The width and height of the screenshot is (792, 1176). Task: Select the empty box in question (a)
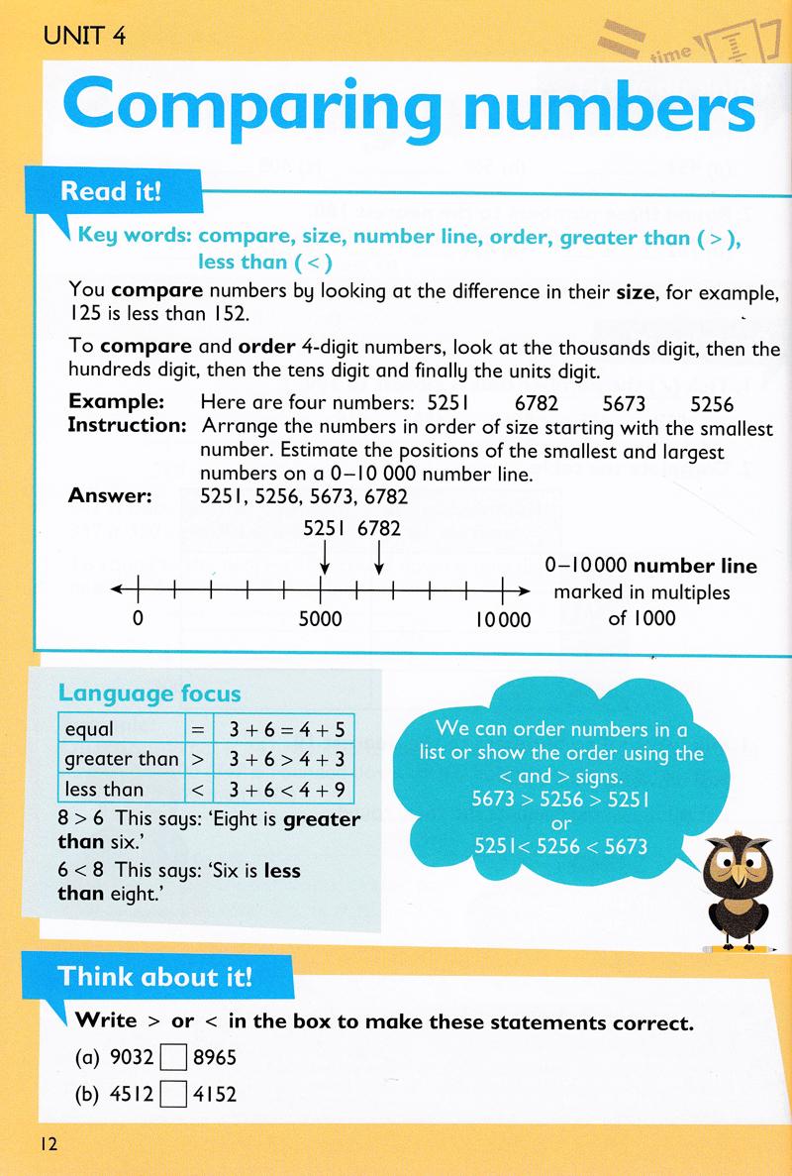[x=173, y=1057]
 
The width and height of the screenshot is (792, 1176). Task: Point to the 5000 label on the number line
[x=320, y=620]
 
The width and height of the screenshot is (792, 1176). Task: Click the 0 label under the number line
[x=138, y=620]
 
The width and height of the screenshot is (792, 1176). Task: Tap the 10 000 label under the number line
[x=502, y=620]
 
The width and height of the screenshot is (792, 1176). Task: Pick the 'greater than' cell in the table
[x=121, y=759]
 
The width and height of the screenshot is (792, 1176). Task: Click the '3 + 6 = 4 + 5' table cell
[x=284, y=729]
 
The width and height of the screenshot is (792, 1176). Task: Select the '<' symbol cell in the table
[x=196, y=789]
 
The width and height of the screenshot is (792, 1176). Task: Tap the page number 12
[x=49, y=1144]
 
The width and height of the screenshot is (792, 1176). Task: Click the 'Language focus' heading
[x=149, y=695]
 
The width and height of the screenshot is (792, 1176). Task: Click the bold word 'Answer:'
[x=110, y=496]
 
